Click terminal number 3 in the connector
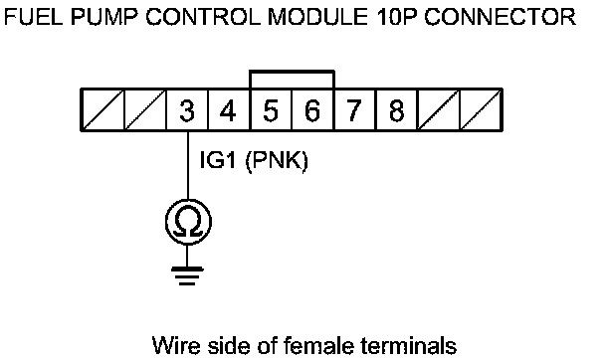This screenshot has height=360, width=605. click(187, 110)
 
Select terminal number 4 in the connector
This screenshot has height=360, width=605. click(229, 110)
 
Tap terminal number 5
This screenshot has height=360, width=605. click(271, 110)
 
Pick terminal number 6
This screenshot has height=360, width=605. click(312, 110)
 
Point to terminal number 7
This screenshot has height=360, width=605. click(354, 110)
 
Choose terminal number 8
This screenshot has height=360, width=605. click(396, 110)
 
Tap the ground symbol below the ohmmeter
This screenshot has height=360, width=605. click(187, 275)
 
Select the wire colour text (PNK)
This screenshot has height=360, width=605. click(277, 160)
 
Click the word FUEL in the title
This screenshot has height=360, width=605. click(33, 17)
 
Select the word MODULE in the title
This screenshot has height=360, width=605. click(317, 17)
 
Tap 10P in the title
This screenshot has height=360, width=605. click(397, 17)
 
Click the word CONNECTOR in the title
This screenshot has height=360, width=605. click(501, 17)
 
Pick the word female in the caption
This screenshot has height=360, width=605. click(317, 345)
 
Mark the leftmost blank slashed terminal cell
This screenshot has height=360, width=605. click(103, 110)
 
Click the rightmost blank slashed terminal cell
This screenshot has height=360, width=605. click(481, 110)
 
